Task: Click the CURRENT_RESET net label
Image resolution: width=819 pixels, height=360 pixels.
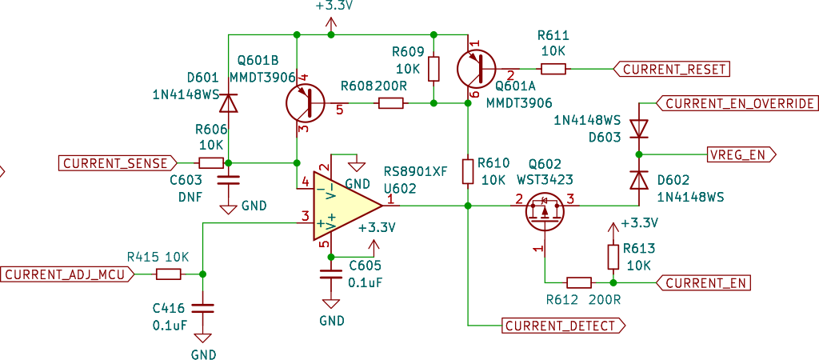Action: click(671, 69)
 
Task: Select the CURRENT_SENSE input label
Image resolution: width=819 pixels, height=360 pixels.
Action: click(119, 163)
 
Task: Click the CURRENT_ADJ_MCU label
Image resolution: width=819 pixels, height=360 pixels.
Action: click(67, 274)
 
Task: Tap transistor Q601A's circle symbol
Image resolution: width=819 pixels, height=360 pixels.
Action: click(476, 69)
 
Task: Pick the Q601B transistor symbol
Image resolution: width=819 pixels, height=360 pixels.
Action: click(306, 103)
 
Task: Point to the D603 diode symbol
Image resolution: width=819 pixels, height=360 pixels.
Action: click(638, 129)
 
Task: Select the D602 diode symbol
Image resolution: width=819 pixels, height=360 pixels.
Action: click(638, 181)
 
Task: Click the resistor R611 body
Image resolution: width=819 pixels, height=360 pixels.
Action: click(553, 69)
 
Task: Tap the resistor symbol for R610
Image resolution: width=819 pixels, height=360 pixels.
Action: click(468, 171)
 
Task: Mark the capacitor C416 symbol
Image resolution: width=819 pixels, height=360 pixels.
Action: click(202, 308)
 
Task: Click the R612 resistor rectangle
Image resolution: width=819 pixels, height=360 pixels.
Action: click(579, 283)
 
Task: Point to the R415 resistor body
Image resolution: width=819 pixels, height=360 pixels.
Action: click(168, 274)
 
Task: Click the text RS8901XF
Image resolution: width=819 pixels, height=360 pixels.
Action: click(416, 172)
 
